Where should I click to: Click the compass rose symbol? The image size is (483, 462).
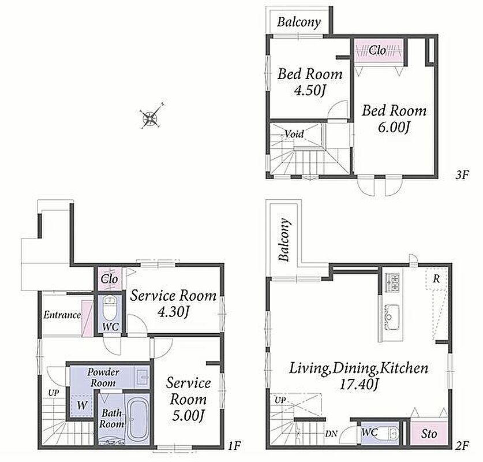click(152, 116)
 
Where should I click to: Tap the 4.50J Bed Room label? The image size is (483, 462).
click(310, 82)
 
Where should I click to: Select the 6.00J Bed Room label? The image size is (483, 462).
click(394, 118)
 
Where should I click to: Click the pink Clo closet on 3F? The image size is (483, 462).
click(379, 51)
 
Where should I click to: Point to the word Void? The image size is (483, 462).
click(294, 134)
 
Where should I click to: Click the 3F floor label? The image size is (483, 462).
click(462, 175)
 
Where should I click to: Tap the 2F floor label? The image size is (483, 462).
click(462, 445)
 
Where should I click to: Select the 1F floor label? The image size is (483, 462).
click(234, 445)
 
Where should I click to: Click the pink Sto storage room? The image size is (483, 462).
click(429, 434)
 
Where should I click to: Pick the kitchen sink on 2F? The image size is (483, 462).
click(392, 316)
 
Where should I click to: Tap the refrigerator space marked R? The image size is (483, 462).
click(436, 278)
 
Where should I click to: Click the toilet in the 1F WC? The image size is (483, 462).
click(109, 308)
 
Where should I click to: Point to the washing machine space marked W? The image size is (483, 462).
click(82, 405)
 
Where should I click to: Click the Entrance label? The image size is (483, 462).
click(62, 315)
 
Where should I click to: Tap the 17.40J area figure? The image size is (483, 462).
click(358, 385)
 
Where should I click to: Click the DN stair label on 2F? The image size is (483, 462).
click(331, 434)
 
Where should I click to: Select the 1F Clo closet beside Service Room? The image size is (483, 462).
click(110, 278)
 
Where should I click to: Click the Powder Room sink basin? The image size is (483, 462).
click(143, 377)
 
